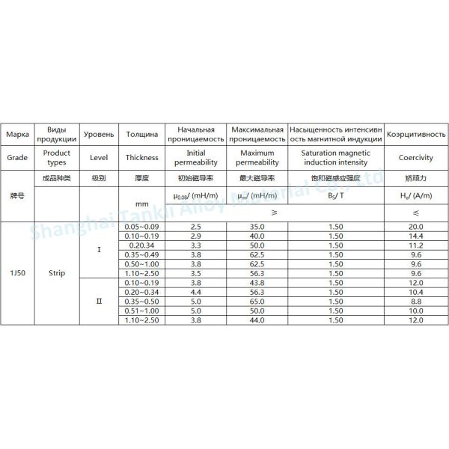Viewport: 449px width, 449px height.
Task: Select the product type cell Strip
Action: [56, 274]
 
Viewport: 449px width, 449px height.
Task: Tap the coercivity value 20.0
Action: [416, 226]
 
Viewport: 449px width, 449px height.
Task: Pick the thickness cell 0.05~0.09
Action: [142, 226]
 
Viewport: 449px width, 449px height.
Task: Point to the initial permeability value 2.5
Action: [196, 226]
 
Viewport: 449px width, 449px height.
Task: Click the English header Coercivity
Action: [416, 158]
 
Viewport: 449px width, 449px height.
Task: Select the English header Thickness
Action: [142, 158]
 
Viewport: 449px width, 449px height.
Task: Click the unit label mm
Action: [142, 204]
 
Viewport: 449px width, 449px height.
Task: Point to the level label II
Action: [99, 302]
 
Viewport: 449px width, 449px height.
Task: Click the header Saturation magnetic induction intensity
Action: [335, 157]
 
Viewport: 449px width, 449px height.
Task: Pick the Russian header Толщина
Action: [142, 135]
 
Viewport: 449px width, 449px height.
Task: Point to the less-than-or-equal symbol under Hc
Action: [416, 213]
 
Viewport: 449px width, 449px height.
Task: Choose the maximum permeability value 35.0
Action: [258, 226]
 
